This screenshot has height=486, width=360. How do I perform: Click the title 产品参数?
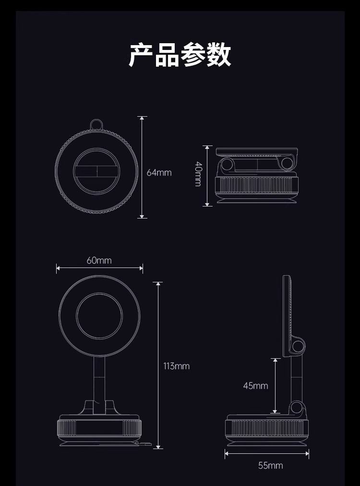(180, 55)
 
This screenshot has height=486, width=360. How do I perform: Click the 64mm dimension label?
(159, 172)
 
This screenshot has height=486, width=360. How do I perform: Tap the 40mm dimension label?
(198, 174)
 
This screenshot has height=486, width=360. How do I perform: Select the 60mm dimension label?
(99, 260)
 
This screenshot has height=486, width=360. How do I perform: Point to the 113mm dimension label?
(176, 366)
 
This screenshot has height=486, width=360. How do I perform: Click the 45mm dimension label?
(255, 386)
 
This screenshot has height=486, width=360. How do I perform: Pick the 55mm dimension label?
(270, 465)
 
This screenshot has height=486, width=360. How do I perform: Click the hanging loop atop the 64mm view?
(97, 125)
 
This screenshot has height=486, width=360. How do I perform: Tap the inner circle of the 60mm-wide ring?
(100, 316)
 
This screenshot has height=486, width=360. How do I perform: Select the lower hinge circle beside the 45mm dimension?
(297, 408)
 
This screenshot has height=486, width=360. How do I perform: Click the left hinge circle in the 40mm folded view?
(228, 165)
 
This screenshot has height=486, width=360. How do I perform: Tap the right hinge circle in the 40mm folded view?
(288, 164)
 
